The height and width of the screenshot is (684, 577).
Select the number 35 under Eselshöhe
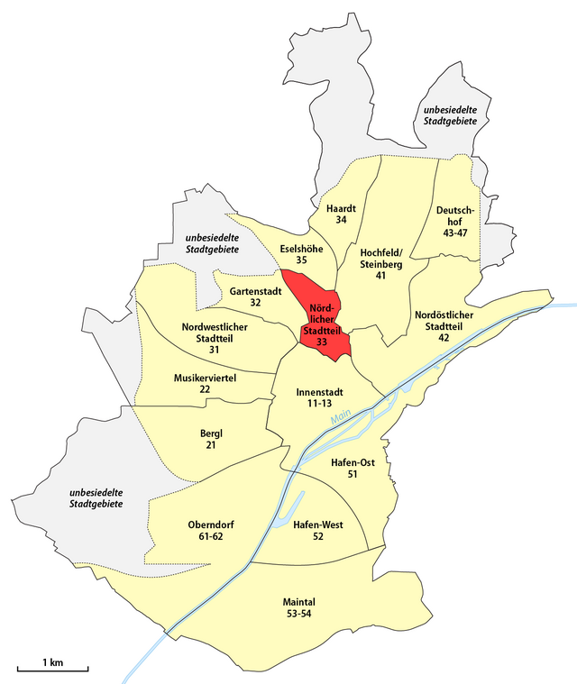point(301,260)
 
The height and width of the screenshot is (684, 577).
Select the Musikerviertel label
point(205,378)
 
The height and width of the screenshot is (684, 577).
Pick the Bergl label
point(211,433)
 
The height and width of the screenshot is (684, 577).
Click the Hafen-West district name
point(316,524)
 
